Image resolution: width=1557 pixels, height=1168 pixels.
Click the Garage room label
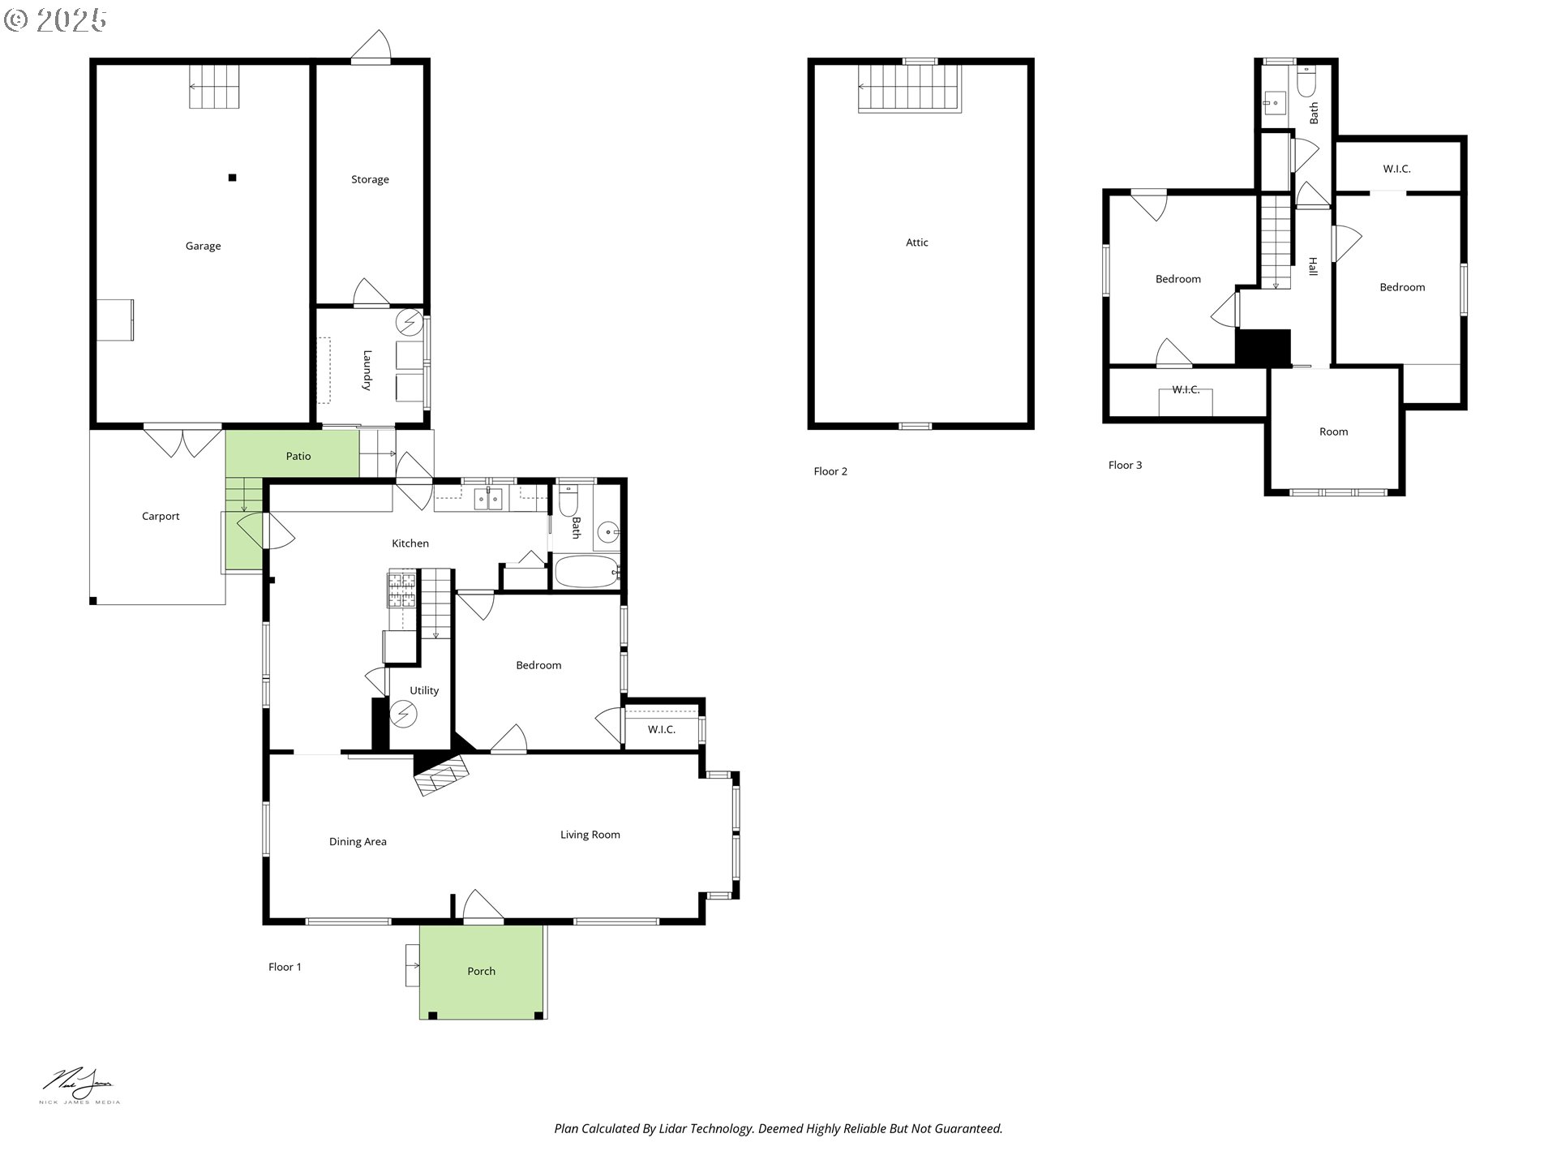point(203,247)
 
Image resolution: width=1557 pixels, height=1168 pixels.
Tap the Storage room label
point(370,180)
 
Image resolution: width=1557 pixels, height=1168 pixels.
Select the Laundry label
point(367,371)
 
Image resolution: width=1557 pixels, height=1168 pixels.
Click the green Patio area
point(292,453)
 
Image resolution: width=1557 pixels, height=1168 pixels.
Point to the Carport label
point(161,517)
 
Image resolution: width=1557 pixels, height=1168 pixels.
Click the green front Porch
point(481,971)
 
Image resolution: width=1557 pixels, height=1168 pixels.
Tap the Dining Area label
point(358,842)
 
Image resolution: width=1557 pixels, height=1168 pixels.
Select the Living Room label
point(590,835)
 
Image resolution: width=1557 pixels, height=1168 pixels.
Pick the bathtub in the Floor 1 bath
point(587,572)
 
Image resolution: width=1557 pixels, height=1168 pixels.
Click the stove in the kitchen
point(402,590)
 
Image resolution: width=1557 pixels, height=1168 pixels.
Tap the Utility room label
point(424,691)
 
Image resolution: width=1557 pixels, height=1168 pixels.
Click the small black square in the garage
point(233,178)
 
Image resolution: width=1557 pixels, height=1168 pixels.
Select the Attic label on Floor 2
point(917,243)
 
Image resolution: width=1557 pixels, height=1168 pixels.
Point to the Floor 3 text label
point(1125,466)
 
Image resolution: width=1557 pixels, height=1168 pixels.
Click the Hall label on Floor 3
point(1313,266)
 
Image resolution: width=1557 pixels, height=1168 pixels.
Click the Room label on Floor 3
point(1333,432)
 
